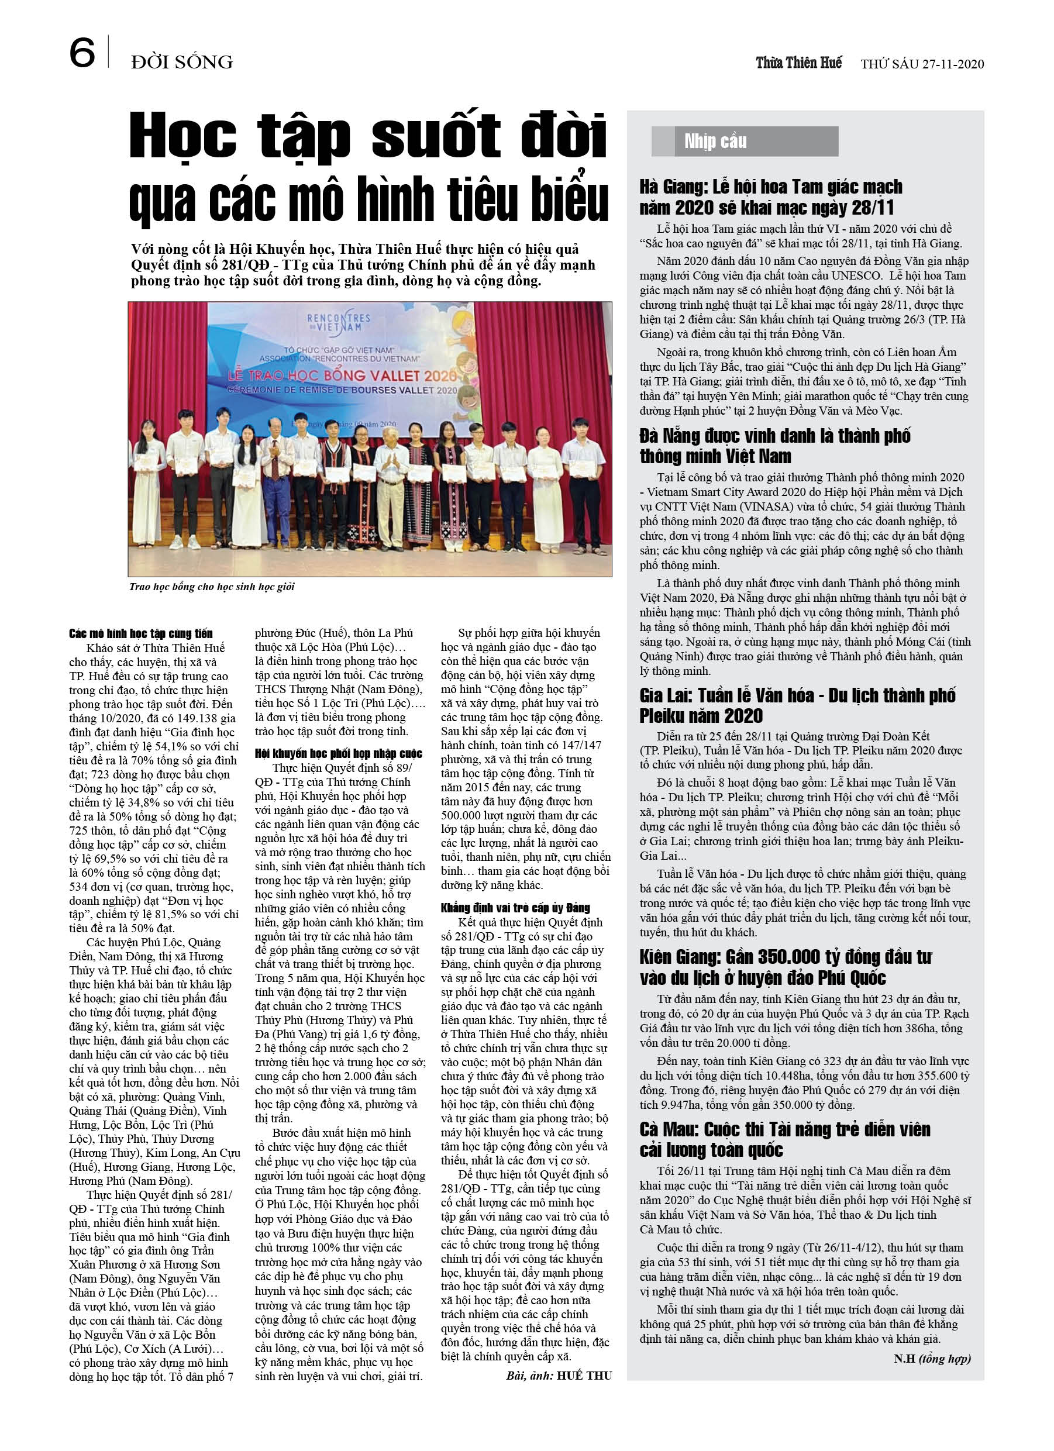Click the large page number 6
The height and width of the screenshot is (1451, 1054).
pos(82,53)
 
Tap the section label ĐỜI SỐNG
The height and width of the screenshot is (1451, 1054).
pos(182,62)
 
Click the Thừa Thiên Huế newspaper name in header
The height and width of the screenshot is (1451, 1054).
pos(798,63)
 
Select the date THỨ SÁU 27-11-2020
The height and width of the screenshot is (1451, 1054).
pos(922,64)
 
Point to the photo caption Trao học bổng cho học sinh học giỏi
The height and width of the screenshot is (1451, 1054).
pos(212,587)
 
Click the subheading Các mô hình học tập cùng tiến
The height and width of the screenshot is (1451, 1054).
pos(141,633)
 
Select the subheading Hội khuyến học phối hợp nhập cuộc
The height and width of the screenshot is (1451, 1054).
pos(339,754)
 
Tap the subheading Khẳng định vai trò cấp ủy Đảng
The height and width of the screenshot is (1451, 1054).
pos(515,908)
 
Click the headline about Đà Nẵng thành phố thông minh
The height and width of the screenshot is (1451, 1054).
pos(774,446)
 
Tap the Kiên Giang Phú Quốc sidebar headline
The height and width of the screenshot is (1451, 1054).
pos(785,967)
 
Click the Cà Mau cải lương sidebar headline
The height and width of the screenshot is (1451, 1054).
pos(784,1139)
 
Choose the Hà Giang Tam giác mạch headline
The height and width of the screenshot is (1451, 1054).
pos(770,197)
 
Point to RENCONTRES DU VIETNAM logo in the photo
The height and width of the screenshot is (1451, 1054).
pos(339,322)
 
